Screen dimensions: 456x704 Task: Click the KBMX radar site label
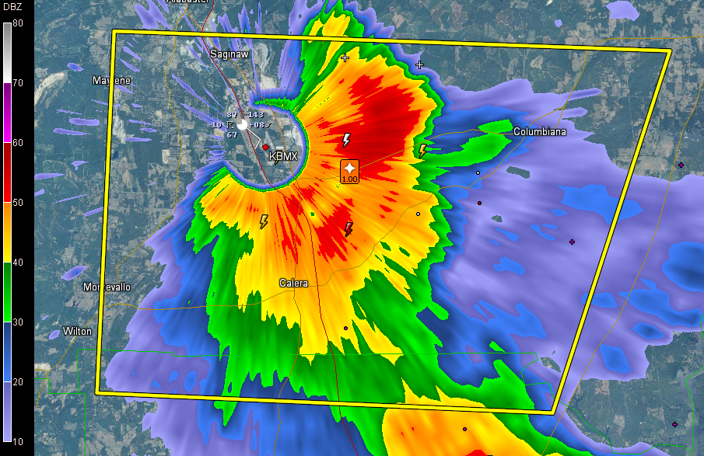point(283,156)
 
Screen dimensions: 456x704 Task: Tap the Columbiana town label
point(540,132)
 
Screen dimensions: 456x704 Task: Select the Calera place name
point(293,284)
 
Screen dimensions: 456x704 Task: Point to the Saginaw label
point(229,54)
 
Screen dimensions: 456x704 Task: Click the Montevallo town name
point(107,287)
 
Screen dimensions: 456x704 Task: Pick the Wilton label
point(78,332)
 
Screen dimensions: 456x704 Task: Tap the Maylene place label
point(112,81)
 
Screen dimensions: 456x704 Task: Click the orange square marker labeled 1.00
point(350,171)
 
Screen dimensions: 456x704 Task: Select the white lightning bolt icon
point(346,141)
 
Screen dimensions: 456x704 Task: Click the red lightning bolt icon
point(348,229)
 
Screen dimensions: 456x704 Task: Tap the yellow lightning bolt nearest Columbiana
point(422,150)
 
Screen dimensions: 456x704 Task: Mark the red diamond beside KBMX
point(265,147)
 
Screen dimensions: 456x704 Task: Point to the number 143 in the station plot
point(256,115)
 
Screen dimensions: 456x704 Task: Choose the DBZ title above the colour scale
point(12,6)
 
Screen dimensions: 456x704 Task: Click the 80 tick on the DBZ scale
point(17,23)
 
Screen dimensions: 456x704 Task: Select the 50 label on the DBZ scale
point(17,202)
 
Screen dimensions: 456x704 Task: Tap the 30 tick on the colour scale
point(17,322)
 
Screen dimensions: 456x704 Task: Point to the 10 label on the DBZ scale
point(17,441)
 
